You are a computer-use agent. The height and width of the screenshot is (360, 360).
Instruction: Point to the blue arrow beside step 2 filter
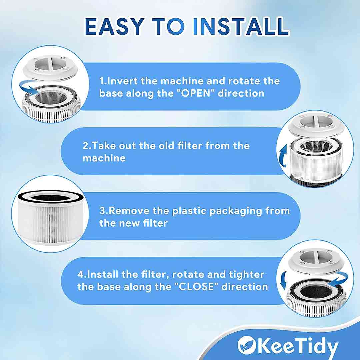tap(283, 156)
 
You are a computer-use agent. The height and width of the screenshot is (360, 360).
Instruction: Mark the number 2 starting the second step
tap(85, 146)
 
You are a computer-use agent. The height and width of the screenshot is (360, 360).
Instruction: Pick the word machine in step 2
tap(104, 158)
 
